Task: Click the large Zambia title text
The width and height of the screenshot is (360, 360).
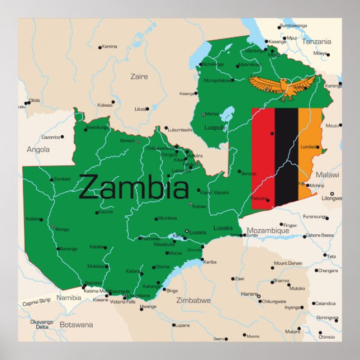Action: coord(134,187)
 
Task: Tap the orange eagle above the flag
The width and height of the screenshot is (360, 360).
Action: coord(282,87)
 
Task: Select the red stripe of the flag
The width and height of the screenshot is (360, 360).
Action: coord(263,159)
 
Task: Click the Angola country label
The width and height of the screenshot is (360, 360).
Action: coord(38,149)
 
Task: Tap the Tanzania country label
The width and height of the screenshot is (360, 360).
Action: coord(316,41)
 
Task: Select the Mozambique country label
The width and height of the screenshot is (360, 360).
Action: coord(268,230)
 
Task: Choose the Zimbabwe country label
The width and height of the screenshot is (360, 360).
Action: coord(193,300)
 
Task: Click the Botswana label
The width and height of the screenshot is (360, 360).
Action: coord(77,324)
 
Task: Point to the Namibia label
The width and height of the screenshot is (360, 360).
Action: coord(68,298)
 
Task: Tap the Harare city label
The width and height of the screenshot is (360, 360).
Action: coord(249,293)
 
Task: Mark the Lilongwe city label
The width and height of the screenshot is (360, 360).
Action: coord(331,198)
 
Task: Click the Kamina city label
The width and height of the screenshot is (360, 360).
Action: coord(110,46)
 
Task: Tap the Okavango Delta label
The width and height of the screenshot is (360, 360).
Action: coord(42,324)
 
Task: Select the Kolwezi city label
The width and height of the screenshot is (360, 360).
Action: coord(105,105)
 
